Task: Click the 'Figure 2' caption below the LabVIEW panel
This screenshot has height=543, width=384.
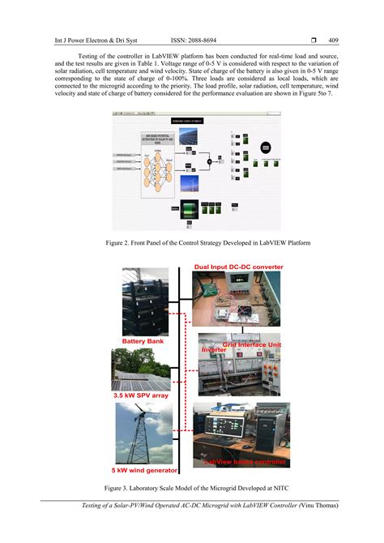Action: (192, 242)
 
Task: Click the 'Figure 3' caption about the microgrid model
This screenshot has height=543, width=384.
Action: (192, 489)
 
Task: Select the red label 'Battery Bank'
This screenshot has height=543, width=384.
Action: (143, 341)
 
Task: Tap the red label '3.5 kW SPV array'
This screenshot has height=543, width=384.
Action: (146, 395)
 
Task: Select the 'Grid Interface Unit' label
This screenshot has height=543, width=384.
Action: (251, 344)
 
